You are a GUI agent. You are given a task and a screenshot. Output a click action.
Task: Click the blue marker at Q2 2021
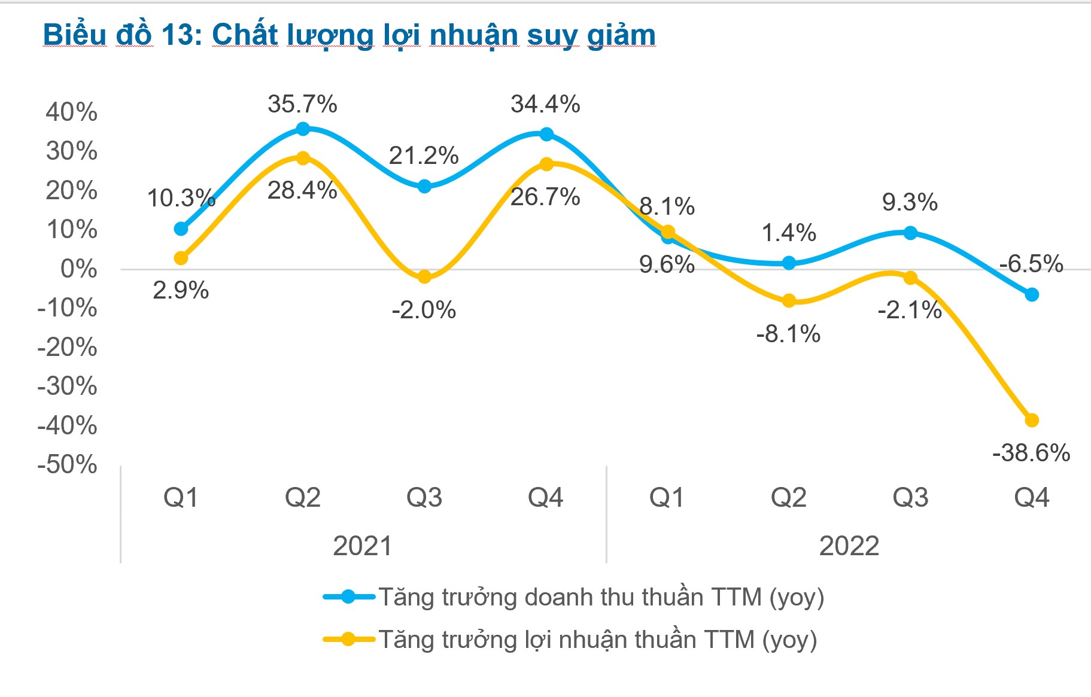[x=303, y=129]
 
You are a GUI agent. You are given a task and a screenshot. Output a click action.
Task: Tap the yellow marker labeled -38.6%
[x=1032, y=420]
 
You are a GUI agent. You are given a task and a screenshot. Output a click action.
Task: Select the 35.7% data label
[x=302, y=104]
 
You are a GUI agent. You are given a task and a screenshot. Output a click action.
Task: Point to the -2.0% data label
[x=424, y=310]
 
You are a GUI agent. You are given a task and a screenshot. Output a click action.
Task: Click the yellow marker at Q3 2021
[x=424, y=276]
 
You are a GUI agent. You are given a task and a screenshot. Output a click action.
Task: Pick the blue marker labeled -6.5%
[x=1032, y=294]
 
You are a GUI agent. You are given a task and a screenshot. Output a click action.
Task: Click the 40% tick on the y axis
[x=71, y=112]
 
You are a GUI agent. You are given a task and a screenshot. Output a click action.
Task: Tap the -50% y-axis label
[x=67, y=464]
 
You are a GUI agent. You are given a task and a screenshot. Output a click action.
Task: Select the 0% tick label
[x=78, y=269]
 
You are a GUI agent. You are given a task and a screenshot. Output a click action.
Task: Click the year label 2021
[x=362, y=546]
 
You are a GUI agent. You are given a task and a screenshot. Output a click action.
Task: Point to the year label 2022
[x=849, y=546]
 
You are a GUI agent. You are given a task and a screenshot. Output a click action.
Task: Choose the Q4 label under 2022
[x=1031, y=497]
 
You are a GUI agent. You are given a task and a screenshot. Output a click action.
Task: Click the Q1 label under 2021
[x=181, y=497]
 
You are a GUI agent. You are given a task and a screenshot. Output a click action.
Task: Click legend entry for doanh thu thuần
[x=573, y=597]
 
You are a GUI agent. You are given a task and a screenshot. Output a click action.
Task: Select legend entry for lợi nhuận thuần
[x=570, y=640]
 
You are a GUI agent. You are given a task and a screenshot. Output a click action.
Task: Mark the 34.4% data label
[x=545, y=104]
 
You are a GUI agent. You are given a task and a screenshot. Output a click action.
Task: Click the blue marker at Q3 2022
[x=910, y=233]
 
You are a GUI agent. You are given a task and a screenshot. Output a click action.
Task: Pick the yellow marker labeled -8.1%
[x=789, y=300]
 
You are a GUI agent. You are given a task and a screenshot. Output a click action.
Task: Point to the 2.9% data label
[x=181, y=290]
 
